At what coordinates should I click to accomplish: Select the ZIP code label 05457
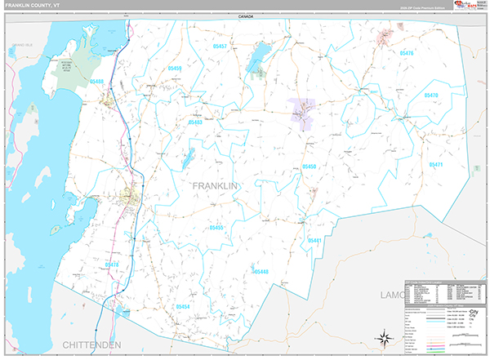[220, 47]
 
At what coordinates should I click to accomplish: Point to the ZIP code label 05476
[407, 53]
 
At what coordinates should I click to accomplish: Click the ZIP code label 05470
[432, 96]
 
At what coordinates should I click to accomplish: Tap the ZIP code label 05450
[309, 167]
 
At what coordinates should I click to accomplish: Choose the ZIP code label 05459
[174, 69]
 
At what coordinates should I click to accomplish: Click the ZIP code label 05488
[97, 82]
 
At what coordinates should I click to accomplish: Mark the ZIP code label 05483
[195, 122]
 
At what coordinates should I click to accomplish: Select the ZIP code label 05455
[216, 228]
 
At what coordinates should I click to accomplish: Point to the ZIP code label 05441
[314, 241]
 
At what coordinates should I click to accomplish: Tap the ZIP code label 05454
[183, 306]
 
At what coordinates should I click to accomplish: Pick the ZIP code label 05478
[112, 264]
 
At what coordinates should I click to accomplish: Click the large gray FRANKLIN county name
[215, 186]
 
